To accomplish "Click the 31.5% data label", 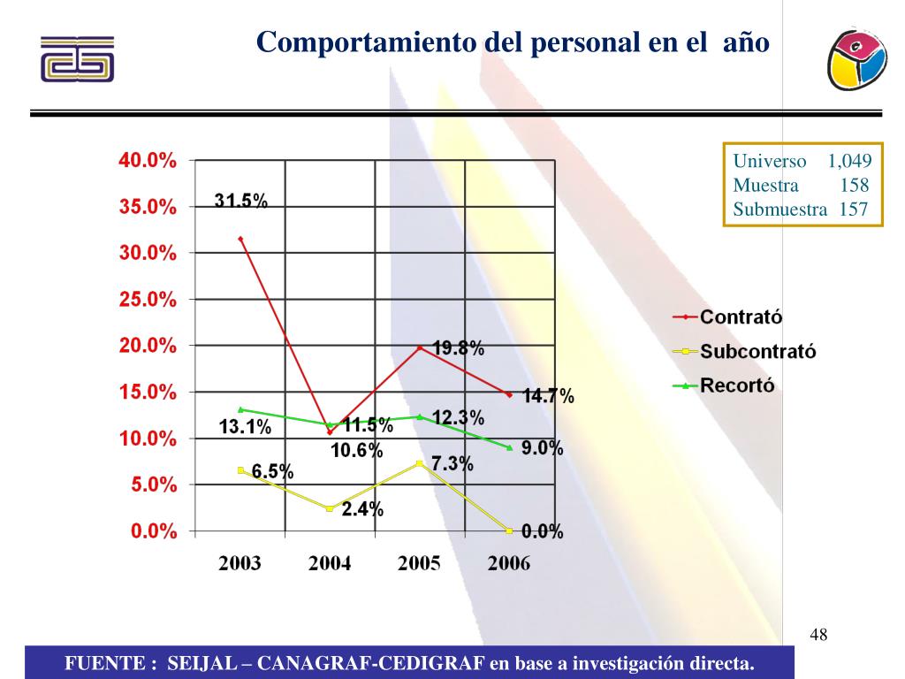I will point(241,202).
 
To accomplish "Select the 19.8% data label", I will point(458,348).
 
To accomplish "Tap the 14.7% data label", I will point(548,397).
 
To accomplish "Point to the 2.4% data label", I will point(362,509).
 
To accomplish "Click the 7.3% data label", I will point(452,464).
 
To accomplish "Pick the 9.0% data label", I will point(542,448).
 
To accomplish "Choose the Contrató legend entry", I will point(741,317).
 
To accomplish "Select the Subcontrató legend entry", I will point(757,351).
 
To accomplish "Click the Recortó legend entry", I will point(737,385).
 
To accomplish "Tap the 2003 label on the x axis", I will point(240,564).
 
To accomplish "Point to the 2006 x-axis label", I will point(509,564).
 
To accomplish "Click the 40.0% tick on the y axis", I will point(148,161).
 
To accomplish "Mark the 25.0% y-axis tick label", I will point(148,300).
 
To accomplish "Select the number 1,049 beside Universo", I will point(849,162).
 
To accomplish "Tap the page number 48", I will point(818,635).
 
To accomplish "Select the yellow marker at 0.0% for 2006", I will point(509,530).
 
